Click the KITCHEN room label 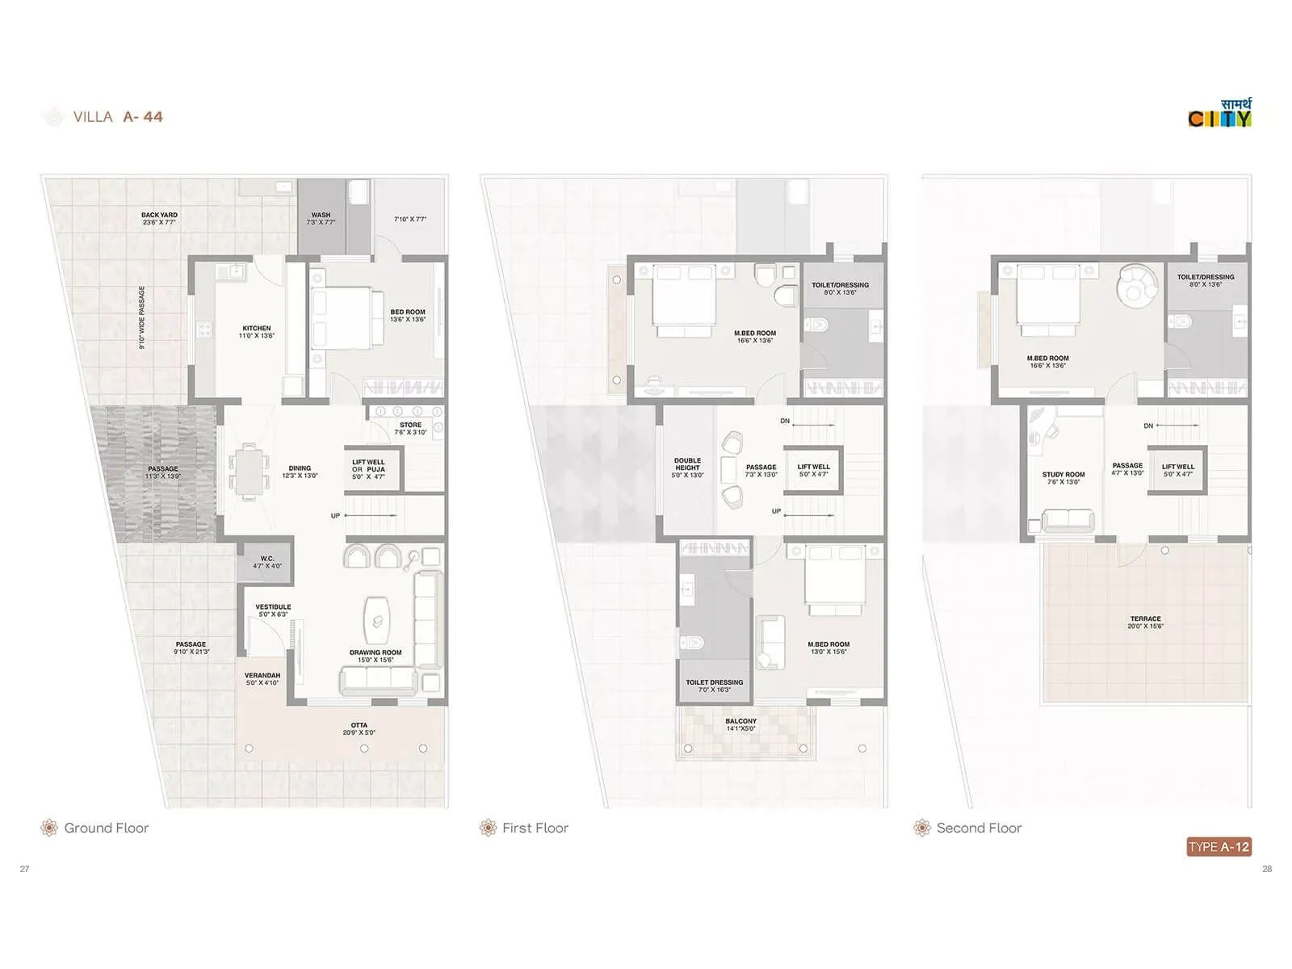click(257, 332)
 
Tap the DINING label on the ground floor click(300, 472)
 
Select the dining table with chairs click(250, 472)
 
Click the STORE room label click(410, 428)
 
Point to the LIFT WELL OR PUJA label click(368, 469)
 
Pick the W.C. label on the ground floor click(267, 562)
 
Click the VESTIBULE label click(273, 610)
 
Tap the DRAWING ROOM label click(375, 656)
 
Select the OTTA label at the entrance click(359, 728)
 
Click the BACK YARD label click(159, 219)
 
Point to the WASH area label click(321, 219)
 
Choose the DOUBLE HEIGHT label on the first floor click(687, 468)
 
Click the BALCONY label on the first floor click(740, 724)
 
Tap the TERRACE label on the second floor click(1145, 622)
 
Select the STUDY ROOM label click(1063, 478)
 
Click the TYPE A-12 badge click(1219, 846)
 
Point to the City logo click(1220, 115)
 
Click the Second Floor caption click(979, 828)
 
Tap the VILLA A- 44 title click(118, 117)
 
